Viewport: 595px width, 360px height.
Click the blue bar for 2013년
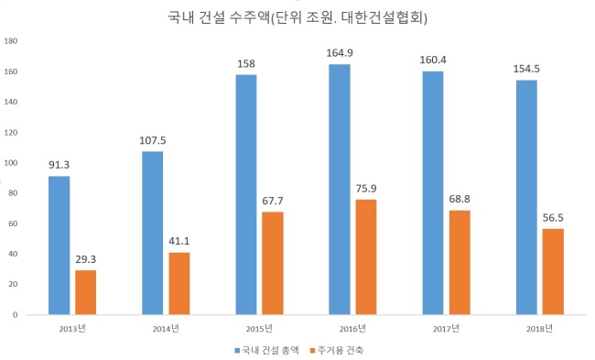(x=59, y=245)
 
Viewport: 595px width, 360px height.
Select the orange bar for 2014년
(x=179, y=283)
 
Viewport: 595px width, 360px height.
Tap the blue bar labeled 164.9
(x=340, y=190)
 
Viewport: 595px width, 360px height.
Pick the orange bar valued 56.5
(x=553, y=271)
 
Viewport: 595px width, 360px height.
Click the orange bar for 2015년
(x=273, y=263)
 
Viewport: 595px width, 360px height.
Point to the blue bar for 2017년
(x=433, y=193)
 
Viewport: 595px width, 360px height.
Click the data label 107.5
(x=153, y=140)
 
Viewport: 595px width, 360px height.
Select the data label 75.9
(x=366, y=189)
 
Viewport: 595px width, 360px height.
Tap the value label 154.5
(x=526, y=69)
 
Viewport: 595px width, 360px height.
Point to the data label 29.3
(x=86, y=259)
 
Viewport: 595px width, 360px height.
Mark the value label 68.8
(x=460, y=199)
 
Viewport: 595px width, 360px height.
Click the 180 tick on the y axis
(x=11, y=41)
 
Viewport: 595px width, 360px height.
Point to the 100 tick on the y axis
(x=11, y=162)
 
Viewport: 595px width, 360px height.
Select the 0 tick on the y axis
(x=16, y=315)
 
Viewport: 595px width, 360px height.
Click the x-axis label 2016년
(x=352, y=329)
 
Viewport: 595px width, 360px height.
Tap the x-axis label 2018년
(x=539, y=329)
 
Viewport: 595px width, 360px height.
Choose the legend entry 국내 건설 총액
(x=266, y=350)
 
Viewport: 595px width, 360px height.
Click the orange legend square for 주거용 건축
(x=313, y=351)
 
